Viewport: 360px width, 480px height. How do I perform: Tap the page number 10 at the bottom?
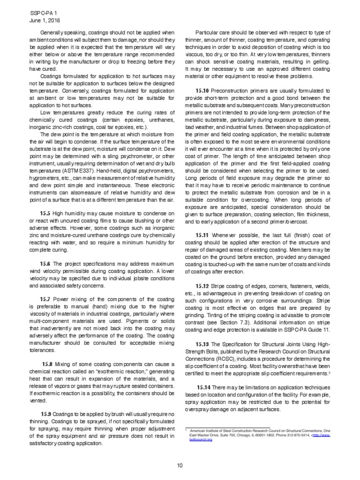[180, 465]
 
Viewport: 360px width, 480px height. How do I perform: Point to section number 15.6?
[46, 263]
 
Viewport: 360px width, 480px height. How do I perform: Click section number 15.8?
[47, 363]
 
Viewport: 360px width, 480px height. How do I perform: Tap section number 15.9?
[46, 414]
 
